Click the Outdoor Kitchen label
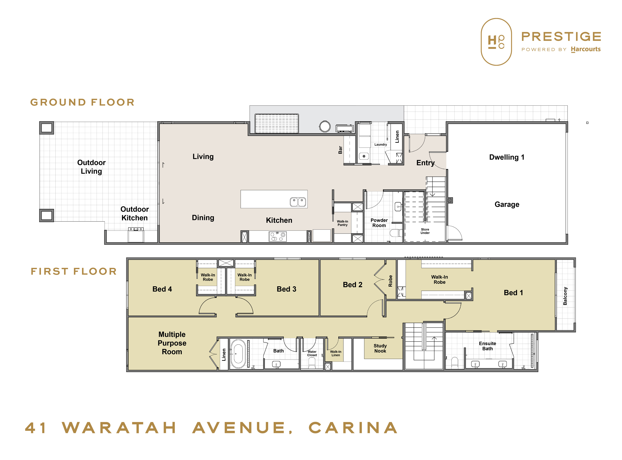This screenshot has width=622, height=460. (x=135, y=214)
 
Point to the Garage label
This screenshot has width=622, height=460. (x=507, y=204)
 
